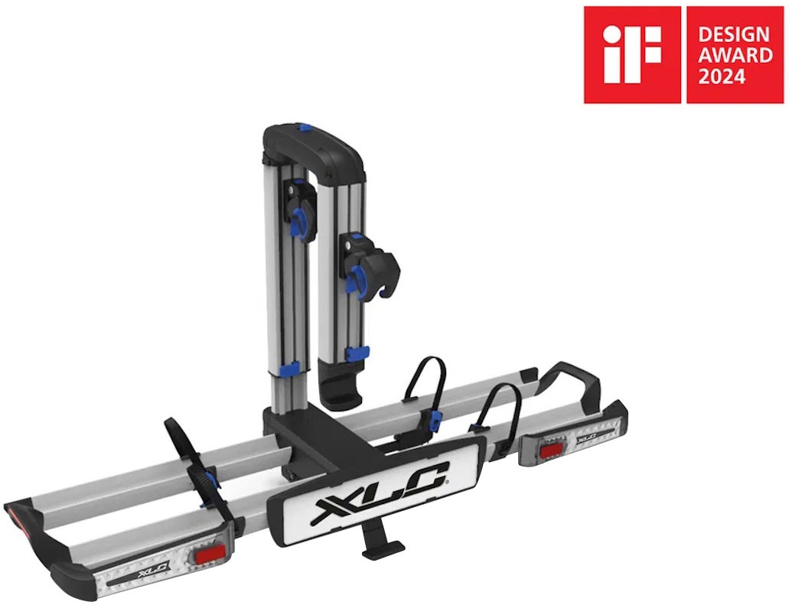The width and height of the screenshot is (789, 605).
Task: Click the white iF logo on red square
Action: coord(631,54)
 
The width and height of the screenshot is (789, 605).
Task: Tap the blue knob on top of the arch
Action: coord(304,131)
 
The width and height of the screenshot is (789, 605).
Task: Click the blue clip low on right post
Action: coord(357,353)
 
